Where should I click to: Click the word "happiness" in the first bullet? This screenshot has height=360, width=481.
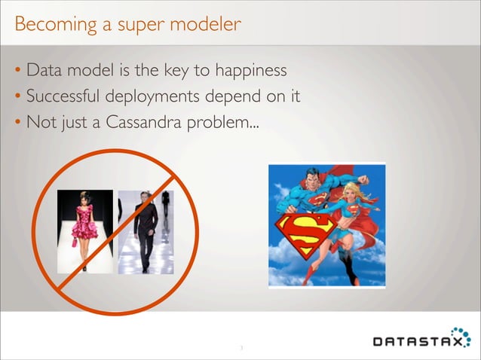tap(249, 72)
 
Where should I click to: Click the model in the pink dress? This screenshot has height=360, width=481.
tap(84, 226)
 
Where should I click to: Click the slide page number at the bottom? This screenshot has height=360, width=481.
tap(240, 348)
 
